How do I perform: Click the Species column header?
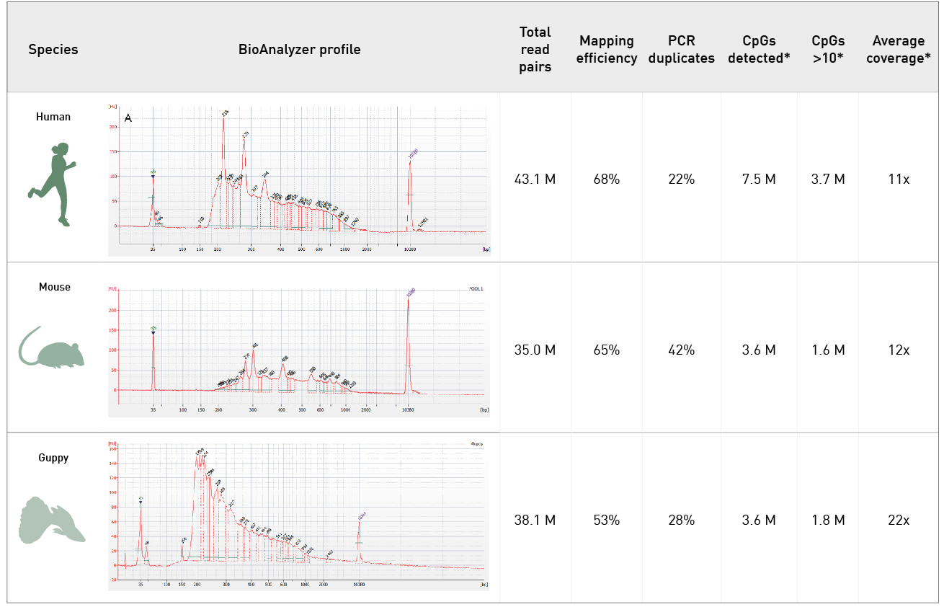pos(53,50)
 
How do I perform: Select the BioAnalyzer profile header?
pos(300,50)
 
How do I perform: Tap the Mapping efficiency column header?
pos(607,50)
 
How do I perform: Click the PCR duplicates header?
pos(681,50)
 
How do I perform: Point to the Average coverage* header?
pos(899,50)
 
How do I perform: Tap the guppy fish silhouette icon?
pos(50,520)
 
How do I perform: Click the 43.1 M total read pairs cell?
pos(535,180)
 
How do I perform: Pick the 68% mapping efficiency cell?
pos(607,180)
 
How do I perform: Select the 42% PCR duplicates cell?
pos(681,350)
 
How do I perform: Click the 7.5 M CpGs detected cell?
pos(758,180)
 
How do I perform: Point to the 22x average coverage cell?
pos(899,520)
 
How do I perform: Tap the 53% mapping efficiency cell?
pos(607,520)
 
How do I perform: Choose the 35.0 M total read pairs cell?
pos(535,350)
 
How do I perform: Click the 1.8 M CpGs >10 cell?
pos(829,520)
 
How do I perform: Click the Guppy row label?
pos(53,457)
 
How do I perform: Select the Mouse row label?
pos(54,287)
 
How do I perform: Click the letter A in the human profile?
pos(128,118)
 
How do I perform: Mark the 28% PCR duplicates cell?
pos(681,520)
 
